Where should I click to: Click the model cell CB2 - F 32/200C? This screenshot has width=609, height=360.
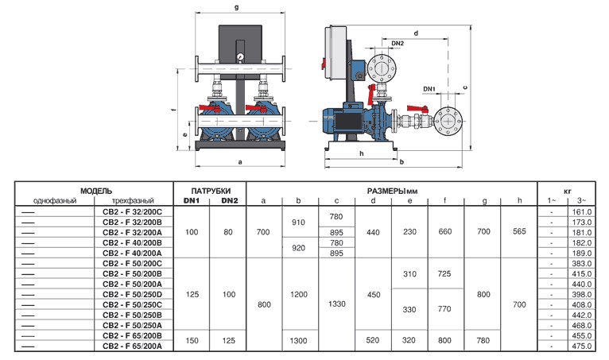point(132,211)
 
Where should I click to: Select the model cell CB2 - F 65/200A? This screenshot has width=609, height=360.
point(132,346)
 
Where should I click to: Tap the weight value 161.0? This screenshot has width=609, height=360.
point(581,211)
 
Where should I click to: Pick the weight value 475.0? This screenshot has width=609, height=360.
point(581,346)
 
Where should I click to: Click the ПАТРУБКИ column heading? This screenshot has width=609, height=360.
point(211,191)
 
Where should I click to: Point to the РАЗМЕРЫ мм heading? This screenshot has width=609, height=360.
point(392,191)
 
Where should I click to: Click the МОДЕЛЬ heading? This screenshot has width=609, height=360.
point(96,191)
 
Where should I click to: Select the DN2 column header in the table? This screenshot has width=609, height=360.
point(229,201)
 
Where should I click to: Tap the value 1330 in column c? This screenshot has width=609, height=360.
point(337,304)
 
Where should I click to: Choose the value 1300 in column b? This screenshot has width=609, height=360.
point(298,341)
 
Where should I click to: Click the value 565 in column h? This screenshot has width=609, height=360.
point(519,231)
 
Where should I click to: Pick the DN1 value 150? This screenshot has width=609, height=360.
point(192,341)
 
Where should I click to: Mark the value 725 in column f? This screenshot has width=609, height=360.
point(444,274)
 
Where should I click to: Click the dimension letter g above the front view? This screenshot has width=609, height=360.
point(237,7)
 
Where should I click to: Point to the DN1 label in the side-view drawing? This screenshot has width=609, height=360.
point(429,89)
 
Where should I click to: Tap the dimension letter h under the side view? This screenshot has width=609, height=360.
point(361,153)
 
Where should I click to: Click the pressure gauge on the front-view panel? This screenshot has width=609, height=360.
point(240,57)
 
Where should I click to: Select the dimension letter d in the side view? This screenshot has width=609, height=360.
point(416,33)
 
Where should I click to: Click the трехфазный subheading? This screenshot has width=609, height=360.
point(133,201)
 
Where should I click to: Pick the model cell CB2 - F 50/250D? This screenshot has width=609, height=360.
point(132,294)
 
